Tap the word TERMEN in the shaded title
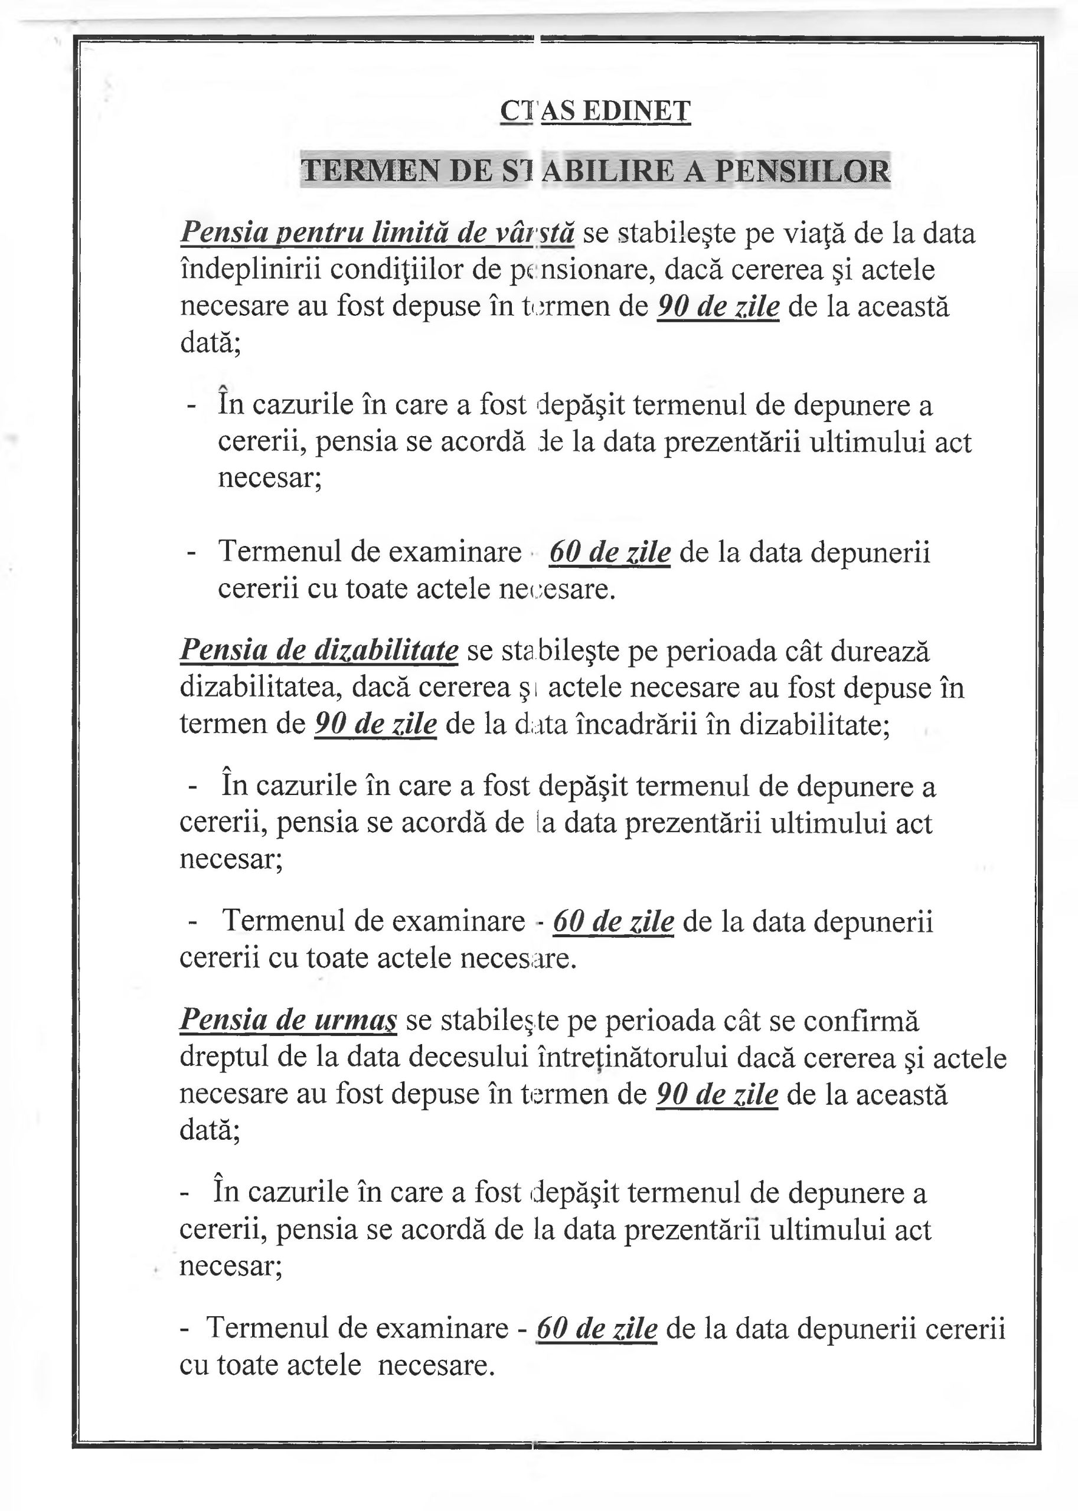pos(370,171)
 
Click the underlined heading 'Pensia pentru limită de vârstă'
pos(377,233)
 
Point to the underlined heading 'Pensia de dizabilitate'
pos(319,650)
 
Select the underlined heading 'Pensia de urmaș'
pos(288,1019)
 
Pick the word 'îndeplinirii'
pos(251,270)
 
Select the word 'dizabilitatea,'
pos(261,688)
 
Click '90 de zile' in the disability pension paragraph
pos(375,724)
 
